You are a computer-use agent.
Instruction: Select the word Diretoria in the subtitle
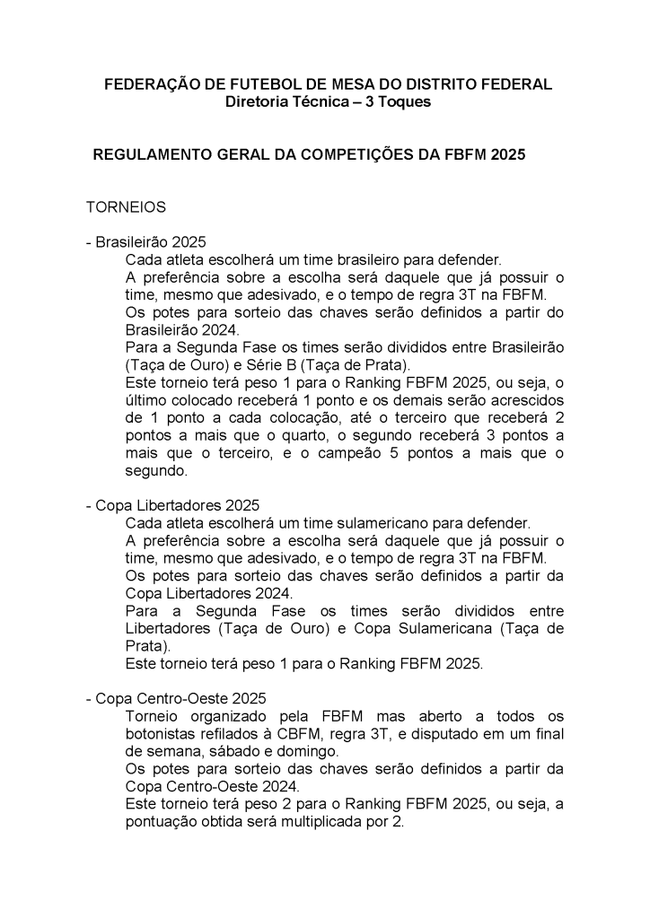pos(261,102)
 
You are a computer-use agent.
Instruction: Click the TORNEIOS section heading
pos(126,207)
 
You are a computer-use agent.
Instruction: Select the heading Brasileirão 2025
pos(151,242)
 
